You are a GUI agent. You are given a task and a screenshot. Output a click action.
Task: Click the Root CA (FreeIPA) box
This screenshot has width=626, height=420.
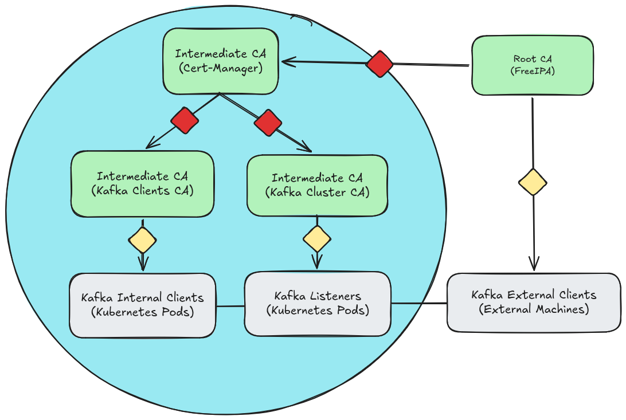point(532,65)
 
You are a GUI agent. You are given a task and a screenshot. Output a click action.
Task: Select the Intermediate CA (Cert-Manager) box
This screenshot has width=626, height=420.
point(220,61)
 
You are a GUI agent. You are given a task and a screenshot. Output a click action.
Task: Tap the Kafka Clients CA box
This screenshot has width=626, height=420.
point(142,184)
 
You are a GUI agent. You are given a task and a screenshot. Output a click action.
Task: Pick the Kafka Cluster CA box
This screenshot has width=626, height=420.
point(317,185)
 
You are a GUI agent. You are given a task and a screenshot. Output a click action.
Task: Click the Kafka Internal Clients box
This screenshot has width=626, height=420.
point(142,305)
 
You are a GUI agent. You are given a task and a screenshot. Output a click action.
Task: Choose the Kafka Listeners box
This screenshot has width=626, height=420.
point(317,304)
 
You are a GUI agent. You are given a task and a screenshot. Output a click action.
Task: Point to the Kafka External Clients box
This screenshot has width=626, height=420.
point(534,302)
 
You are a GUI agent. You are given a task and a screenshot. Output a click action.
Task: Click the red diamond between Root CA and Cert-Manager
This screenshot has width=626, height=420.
point(379,64)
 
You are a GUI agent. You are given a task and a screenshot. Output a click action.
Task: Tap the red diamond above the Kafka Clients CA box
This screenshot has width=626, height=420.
point(185,120)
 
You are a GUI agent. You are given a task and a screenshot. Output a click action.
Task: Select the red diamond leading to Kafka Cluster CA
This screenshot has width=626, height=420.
point(268,123)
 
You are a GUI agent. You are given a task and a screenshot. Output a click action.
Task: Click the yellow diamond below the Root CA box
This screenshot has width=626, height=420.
point(533,183)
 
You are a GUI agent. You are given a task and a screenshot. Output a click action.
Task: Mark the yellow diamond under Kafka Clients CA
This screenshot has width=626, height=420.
point(142,240)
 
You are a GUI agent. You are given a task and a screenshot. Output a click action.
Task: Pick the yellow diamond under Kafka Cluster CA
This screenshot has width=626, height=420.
point(317,238)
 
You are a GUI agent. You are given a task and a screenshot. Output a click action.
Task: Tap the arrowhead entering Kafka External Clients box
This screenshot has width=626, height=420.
point(534,265)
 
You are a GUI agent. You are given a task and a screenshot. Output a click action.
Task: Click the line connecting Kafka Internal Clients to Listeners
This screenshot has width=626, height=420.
point(230,306)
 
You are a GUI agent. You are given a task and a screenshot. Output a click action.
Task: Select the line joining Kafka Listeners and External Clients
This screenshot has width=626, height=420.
point(418,303)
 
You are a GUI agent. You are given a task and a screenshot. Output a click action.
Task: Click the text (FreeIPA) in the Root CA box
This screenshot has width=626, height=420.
point(533,72)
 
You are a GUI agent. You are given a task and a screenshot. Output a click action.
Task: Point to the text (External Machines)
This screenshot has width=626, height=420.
point(534,309)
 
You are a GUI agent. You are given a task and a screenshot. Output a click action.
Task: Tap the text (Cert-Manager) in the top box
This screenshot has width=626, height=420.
point(220,68)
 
